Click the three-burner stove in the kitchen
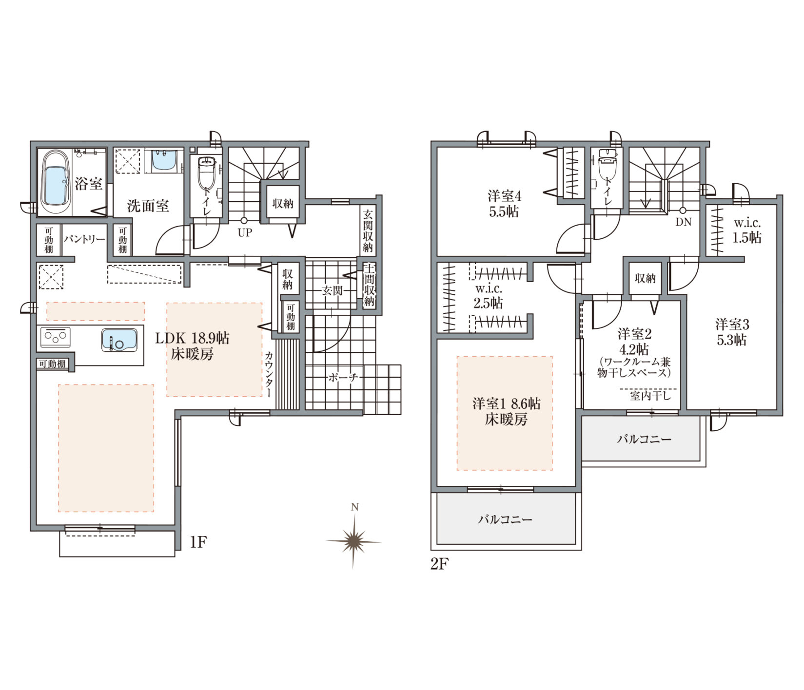[55, 337]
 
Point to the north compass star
[354, 541]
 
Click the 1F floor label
[198, 542]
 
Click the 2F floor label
[439, 564]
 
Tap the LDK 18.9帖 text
[192, 338]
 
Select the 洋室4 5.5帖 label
[504, 204]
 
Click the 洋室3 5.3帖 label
[732, 331]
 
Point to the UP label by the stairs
[245, 233]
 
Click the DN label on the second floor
[683, 222]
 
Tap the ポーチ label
[343, 377]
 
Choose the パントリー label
[84, 239]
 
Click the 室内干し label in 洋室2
[650, 396]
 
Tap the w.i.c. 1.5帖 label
[747, 230]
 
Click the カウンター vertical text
[269, 374]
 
